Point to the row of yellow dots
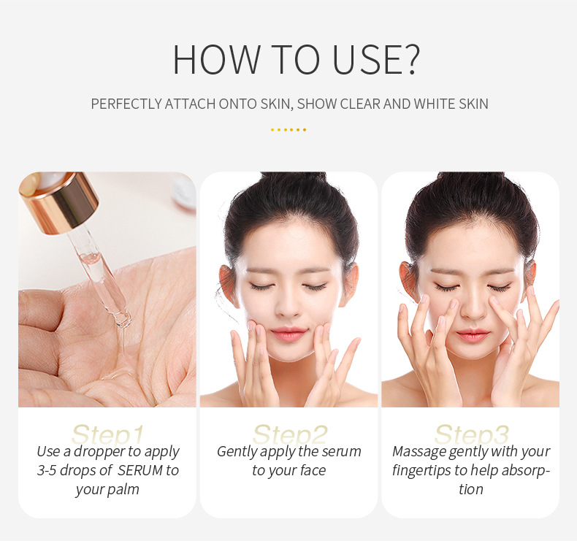click(288, 130)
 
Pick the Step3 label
click(471, 434)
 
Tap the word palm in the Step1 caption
click(122, 489)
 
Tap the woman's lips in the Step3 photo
click(471, 334)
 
